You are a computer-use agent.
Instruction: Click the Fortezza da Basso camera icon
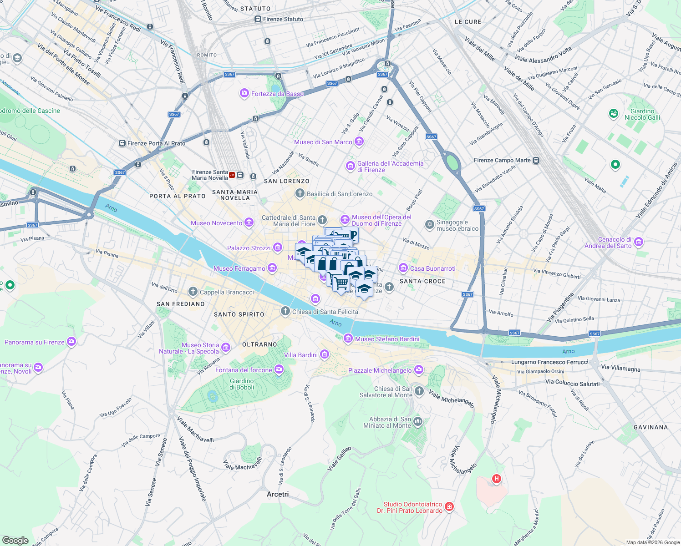[x=244, y=94]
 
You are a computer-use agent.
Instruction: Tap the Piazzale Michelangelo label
[x=380, y=370]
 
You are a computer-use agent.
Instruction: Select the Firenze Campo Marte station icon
[x=536, y=160]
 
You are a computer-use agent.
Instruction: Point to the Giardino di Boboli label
[x=242, y=384]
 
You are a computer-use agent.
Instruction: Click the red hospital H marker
[x=496, y=478]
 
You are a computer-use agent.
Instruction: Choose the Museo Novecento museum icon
[x=249, y=222]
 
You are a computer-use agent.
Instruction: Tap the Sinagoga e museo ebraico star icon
[x=429, y=225]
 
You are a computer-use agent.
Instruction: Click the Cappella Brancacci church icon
[x=193, y=292]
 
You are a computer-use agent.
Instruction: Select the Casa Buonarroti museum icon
[x=403, y=268]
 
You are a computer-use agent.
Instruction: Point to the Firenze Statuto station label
[x=283, y=19]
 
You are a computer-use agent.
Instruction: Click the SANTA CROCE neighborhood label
[x=422, y=281]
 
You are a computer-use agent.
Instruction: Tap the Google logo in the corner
[x=15, y=540]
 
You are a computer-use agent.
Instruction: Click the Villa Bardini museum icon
[x=325, y=354]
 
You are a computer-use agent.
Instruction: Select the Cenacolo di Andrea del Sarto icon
[x=639, y=242]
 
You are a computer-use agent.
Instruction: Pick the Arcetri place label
[x=278, y=494]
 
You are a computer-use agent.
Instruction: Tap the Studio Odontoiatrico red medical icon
[x=449, y=507]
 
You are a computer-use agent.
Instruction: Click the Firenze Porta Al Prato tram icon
[x=122, y=143]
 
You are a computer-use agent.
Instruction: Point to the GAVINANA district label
[x=651, y=427]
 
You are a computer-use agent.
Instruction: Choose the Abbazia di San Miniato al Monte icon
[x=418, y=422]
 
